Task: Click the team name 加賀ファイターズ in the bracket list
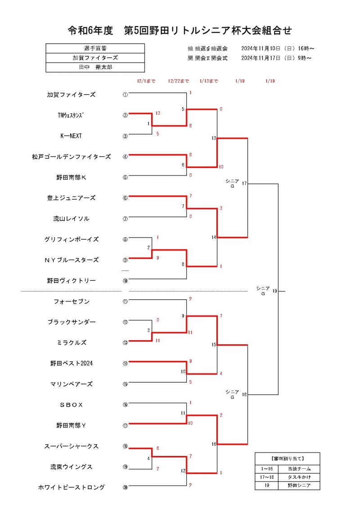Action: (71, 95)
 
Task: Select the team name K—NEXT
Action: (71, 136)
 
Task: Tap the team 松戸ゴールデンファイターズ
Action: (71, 157)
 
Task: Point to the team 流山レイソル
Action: (71, 219)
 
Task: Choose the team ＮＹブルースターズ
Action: (71, 260)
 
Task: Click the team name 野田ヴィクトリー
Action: (71, 281)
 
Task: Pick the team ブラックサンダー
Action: (71, 322)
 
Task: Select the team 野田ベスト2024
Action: (71, 363)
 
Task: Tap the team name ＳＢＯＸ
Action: (71, 405)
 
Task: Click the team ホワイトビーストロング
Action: (71, 487)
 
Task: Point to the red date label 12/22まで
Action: (178, 81)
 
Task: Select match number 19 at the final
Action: (274, 291)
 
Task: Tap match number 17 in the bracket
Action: (244, 184)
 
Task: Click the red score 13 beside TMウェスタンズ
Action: (158, 113)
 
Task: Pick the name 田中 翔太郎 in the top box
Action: (95, 67)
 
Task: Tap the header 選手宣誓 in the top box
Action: (95, 48)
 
